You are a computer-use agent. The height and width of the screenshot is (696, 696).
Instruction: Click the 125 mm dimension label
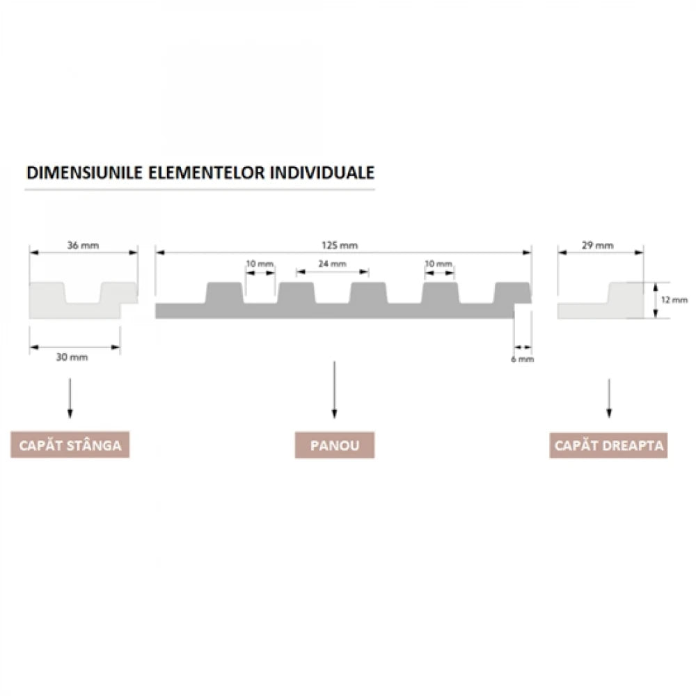(x=340, y=245)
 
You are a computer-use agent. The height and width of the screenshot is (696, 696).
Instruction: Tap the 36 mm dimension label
(x=83, y=245)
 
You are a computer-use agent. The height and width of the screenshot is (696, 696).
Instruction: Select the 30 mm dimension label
(x=72, y=357)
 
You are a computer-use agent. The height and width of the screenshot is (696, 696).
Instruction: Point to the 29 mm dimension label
(x=597, y=245)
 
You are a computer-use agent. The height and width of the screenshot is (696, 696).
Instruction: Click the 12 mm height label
(x=674, y=300)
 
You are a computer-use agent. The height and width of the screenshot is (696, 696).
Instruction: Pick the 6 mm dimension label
(x=523, y=359)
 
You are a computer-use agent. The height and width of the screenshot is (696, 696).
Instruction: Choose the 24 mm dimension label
(x=332, y=264)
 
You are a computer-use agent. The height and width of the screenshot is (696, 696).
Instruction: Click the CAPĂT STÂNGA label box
(x=70, y=445)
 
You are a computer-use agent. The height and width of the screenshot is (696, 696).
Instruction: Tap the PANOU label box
(x=335, y=445)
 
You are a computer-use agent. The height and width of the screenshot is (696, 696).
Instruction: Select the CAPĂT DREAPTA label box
(x=608, y=445)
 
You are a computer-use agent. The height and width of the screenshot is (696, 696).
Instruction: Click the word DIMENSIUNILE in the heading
(x=84, y=172)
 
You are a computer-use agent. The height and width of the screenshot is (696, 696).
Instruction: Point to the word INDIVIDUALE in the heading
(x=322, y=172)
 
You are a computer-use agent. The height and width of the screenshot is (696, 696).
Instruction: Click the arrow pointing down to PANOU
(x=334, y=390)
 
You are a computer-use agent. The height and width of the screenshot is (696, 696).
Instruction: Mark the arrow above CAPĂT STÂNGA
(x=70, y=398)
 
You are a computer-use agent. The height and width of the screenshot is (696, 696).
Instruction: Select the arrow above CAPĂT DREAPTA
(x=609, y=398)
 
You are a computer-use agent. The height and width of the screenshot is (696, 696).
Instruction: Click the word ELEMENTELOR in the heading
(x=206, y=172)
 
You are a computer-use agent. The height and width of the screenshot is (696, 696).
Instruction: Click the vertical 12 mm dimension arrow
(x=656, y=300)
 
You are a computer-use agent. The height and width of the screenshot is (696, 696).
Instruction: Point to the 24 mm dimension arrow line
(x=333, y=272)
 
